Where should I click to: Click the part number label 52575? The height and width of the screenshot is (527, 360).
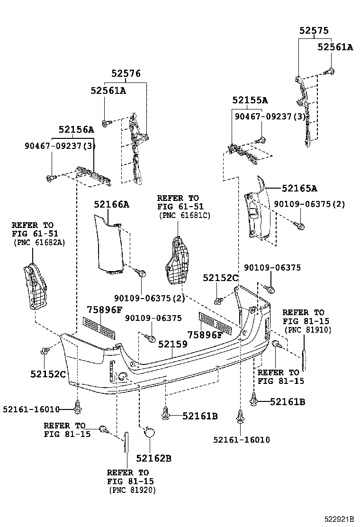pos(314,30)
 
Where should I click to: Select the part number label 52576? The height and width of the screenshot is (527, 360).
pos(126,73)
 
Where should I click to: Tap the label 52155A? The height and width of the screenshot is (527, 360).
pos(250,100)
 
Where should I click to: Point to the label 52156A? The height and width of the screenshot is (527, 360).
pos(76,129)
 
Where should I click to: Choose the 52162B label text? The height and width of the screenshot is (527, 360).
pos(153,458)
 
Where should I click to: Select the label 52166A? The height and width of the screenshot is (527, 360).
pos(111,204)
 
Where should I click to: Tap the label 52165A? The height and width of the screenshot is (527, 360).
pos(299,188)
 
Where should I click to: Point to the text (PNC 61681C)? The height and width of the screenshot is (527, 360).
pos(185,215)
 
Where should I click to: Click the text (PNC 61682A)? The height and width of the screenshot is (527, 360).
pos(39,242)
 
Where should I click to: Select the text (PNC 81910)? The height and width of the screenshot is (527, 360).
pos(307,330)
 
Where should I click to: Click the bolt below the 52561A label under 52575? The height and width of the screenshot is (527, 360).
pos(329,72)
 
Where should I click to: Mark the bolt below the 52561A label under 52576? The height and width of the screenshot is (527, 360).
pos(106,122)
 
